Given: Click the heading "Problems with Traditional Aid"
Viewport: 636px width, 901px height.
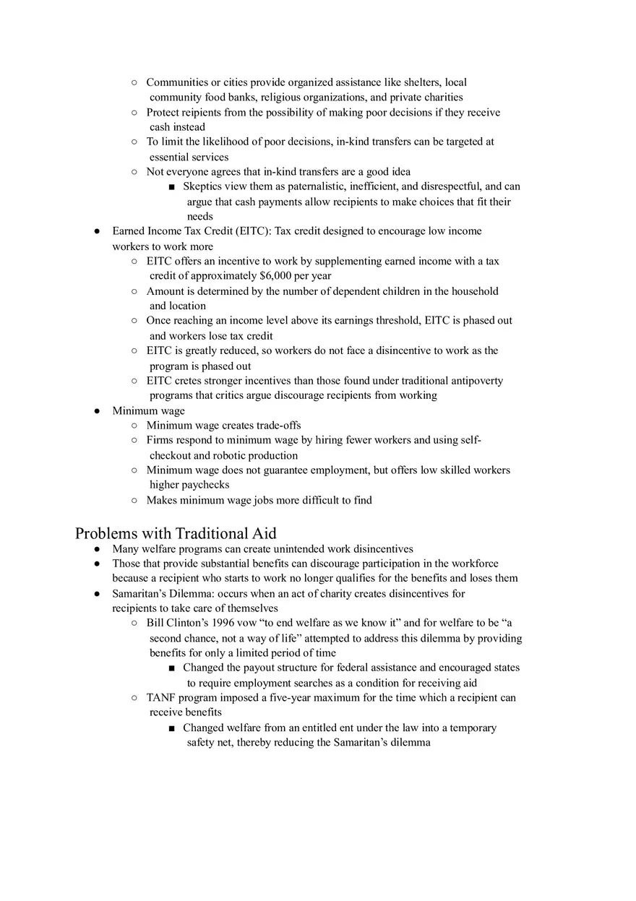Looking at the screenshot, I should pos(176,534).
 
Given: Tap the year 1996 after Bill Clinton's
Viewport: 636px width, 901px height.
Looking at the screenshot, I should pos(220,623).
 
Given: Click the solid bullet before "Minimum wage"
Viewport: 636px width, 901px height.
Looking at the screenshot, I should pos(97,411).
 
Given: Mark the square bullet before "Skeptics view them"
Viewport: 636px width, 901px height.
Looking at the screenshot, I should pos(172,187).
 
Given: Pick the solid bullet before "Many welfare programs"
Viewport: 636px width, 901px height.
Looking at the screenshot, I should pos(97,549).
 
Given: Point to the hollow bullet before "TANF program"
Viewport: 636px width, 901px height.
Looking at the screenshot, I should pos(134,698).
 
